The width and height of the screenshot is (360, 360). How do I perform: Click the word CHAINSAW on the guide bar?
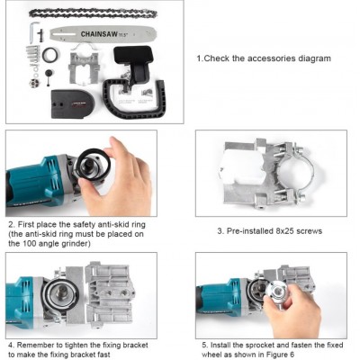pyautogui.click(x=99, y=34)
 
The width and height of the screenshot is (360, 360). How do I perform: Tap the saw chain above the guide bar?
pyautogui.click(x=93, y=13)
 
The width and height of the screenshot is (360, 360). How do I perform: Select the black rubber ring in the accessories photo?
pyautogui.click(x=50, y=55)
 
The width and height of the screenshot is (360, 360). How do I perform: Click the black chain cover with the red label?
pyautogui.click(x=73, y=103)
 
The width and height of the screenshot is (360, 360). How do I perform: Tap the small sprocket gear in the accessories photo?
pyautogui.click(x=33, y=83)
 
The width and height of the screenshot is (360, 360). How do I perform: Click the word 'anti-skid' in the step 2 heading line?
pyautogui.click(x=103, y=224)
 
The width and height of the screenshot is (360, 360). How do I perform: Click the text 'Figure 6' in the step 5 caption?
pyautogui.click(x=280, y=355)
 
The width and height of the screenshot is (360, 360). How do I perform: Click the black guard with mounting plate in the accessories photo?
pyautogui.click(x=134, y=63)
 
